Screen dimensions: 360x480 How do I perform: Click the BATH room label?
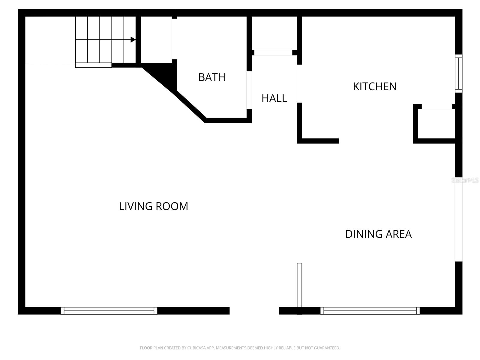[x=212, y=77]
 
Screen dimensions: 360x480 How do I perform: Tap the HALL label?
[x=274, y=98]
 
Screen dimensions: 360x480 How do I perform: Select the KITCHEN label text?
[x=375, y=86]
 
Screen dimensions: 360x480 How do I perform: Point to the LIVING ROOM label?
[x=154, y=206]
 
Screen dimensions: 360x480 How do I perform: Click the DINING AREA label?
[x=378, y=234]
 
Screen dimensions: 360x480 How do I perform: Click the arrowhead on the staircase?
[x=133, y=40]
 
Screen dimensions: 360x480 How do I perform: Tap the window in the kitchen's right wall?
[x=458, y=73]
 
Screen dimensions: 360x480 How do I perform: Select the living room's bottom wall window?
[x=109, y=311]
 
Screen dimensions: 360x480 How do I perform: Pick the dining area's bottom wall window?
[x=370, y=311]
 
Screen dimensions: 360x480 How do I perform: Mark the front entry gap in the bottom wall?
[x=254, y=311]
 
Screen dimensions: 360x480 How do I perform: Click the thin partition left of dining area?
[x=299, y=285]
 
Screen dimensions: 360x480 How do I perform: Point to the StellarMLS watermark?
[x=465, y=180]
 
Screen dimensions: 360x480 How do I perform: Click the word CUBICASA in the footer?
[x=196, y=348]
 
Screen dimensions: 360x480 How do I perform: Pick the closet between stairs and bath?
[x=156, y=40]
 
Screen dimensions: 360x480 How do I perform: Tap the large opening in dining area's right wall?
[x=458, y=219]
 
